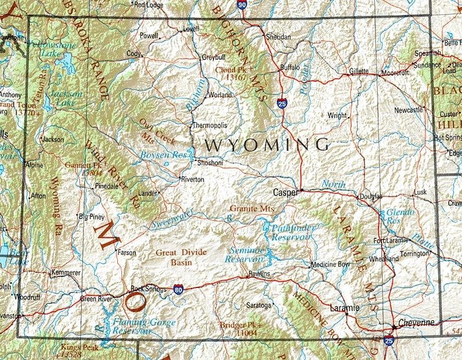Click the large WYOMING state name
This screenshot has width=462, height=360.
[267, 145]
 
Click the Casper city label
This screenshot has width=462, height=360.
[284, 192]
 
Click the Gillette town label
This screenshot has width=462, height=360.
[359, 71]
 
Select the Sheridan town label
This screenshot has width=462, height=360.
[278, 37]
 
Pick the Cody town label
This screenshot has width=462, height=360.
[133, 54]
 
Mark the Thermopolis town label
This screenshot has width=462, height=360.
[210, 125]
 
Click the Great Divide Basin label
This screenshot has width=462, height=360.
[181, 257]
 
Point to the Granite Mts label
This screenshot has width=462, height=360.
[252, 209]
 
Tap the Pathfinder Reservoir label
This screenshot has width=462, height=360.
[286, 232]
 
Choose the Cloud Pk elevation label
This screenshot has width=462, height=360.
[235, 73]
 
